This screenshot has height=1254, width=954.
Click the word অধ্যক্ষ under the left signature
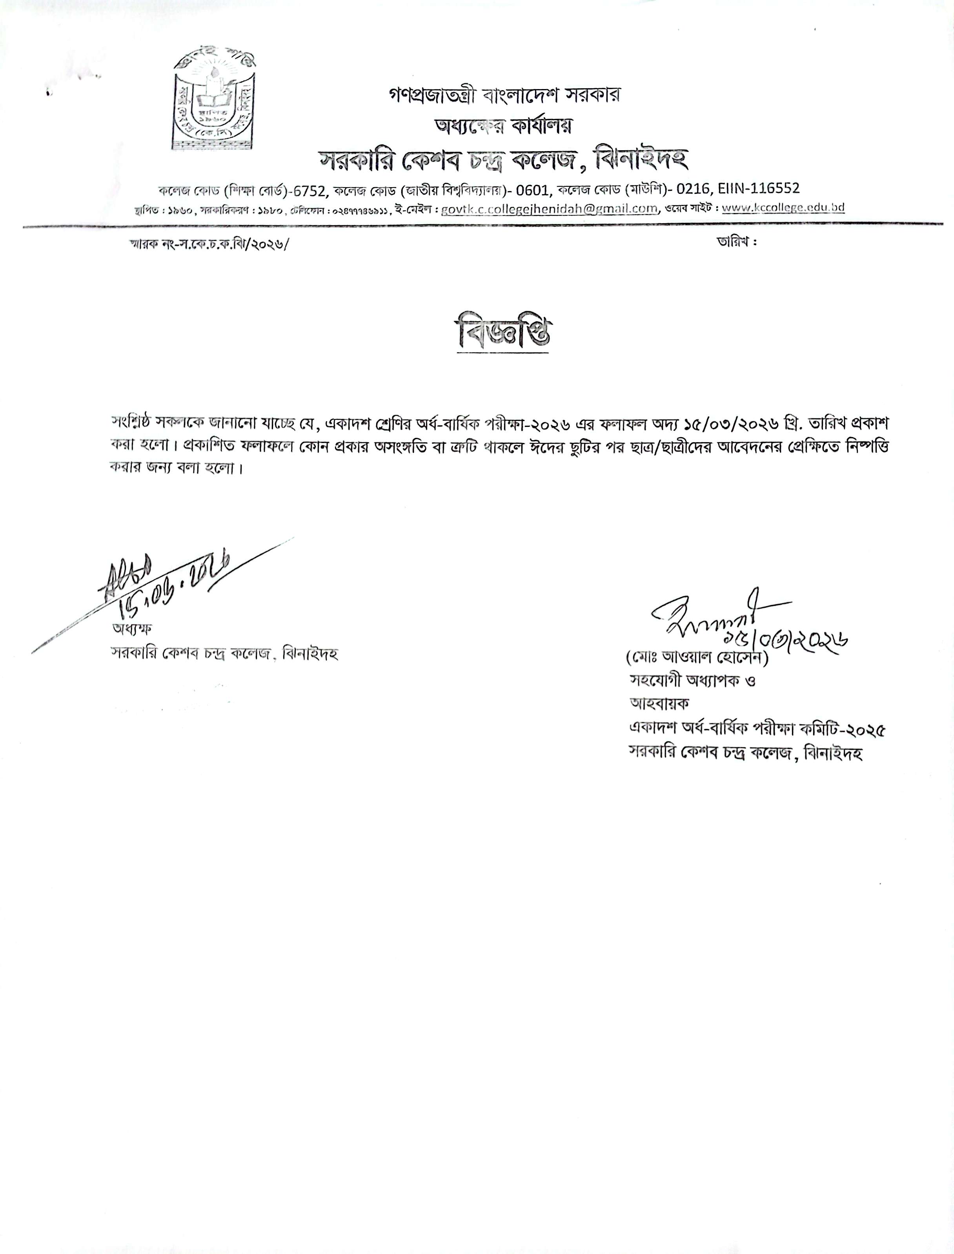click(131, 629)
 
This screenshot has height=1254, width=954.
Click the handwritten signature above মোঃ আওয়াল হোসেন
click(715, 616)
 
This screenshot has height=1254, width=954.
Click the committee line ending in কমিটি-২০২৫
click(757, 728)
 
